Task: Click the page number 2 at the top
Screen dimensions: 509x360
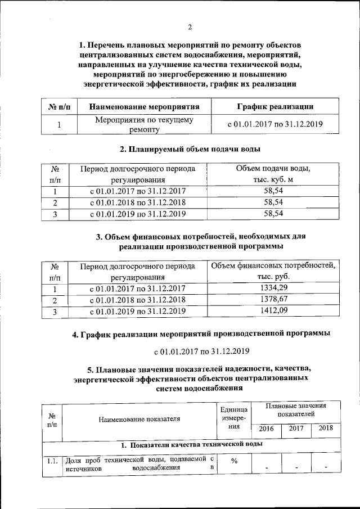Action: pos(190,27)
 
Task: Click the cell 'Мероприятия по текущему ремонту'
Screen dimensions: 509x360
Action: pos(144,125)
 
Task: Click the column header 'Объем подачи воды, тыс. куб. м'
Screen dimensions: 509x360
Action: pos(272,174)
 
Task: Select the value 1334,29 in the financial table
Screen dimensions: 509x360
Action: pos(272,289)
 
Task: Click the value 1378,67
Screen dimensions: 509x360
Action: pos(272,299)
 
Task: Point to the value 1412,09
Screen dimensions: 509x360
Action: pos(272,310)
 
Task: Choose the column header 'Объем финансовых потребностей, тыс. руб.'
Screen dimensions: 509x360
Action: pos(273,271)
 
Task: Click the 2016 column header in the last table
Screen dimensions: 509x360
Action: pos(266,429)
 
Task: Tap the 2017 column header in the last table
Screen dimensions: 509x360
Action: pos(296,429)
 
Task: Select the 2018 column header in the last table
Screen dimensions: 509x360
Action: pos(326,429)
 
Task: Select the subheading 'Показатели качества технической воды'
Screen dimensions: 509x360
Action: pos(192,445)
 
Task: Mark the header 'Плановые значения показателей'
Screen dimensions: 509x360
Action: pos(296,409)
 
